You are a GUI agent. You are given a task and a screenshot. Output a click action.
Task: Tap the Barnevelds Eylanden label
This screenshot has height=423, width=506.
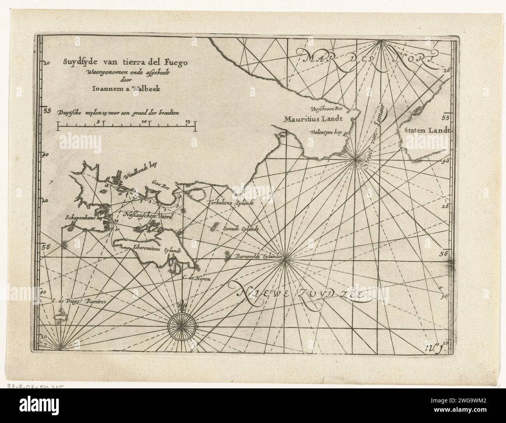[x=258, y=257]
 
